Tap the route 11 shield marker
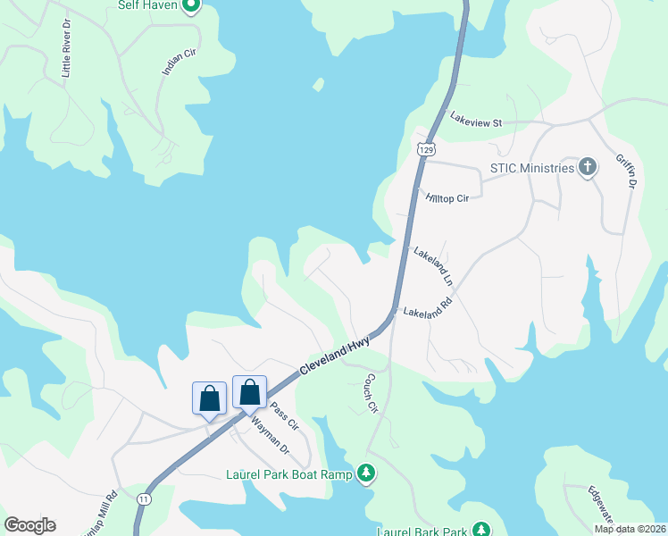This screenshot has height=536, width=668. point(143,497)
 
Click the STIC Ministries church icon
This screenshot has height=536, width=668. point(588,167)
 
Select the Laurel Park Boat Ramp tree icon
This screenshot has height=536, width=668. point(365,473)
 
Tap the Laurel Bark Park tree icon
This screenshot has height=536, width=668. point(481,531)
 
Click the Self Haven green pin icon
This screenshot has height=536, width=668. point(190,5)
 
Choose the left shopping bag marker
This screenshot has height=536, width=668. point(209,398)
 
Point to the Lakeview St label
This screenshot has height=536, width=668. point(477,119)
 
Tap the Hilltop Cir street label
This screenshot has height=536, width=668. point(447,197)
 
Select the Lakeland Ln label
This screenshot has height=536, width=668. point(433,266)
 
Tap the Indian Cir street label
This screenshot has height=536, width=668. point(179,69)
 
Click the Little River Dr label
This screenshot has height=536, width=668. point(66,48)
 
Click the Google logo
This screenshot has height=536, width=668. point(30,524)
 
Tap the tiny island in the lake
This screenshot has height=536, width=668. point(317,86)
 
